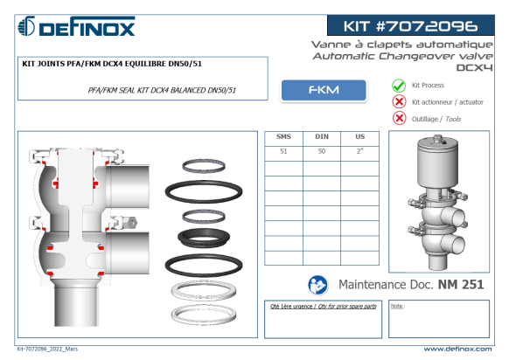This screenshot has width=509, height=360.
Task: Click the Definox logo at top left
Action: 76,26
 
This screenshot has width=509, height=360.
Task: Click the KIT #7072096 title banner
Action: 411,25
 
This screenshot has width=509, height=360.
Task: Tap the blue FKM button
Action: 324,90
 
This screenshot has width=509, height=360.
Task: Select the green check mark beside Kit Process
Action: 399,86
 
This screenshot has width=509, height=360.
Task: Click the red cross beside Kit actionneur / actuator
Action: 399,102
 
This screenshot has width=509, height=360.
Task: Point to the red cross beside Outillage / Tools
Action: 399,118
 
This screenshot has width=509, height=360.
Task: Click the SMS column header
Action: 283,136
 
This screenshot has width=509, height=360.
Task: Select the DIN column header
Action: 322,136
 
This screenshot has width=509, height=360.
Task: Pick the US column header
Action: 360,136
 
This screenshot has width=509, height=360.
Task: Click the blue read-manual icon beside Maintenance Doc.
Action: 317,285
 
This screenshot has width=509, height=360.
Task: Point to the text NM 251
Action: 461,285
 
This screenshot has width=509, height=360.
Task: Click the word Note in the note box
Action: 397,306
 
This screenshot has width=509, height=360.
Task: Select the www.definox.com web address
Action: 457,349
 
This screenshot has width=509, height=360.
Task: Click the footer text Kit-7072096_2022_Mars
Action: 47,349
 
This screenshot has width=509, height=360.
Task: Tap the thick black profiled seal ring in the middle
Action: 204,238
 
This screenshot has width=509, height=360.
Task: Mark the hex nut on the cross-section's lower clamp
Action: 132,223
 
